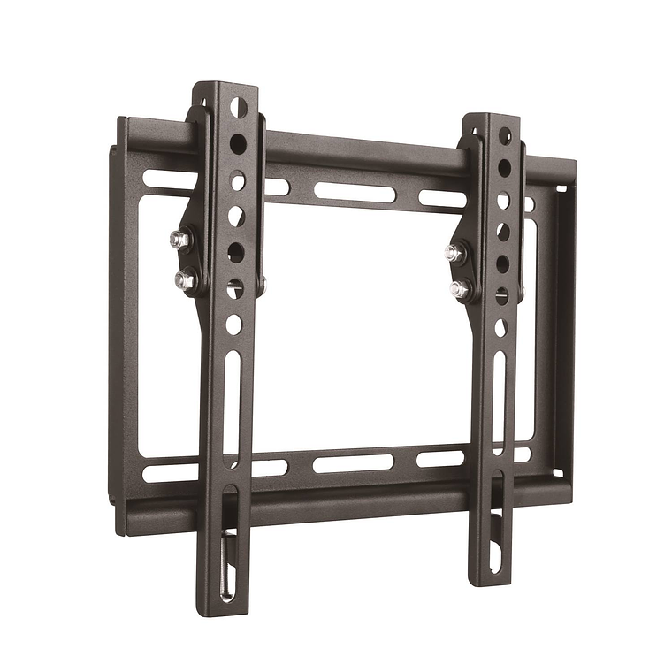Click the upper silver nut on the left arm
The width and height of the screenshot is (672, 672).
point(179,238)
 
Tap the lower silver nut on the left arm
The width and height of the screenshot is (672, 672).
point(183,279)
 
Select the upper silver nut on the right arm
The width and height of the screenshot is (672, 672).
point(454,253)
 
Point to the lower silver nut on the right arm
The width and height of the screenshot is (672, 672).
point(458,288)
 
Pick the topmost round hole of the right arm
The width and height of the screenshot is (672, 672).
point(505,135)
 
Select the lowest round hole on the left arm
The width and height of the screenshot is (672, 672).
point(233,325)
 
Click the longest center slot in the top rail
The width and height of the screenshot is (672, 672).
point(355,191)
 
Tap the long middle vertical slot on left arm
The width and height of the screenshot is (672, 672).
point(232,398)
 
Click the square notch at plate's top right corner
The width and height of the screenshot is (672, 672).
point(560,187)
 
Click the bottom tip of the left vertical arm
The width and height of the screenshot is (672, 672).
point(219,610)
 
